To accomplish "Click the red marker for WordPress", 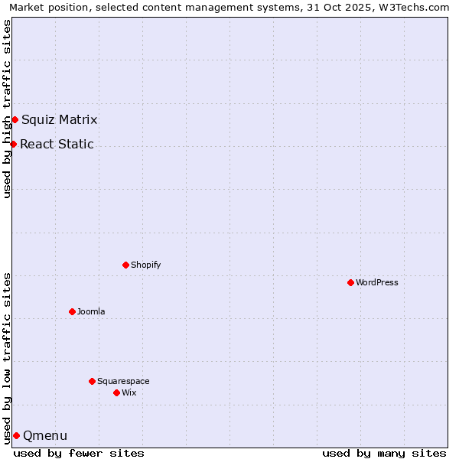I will coord(350,282).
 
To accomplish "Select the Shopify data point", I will coord(125,265).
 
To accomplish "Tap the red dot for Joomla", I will coord(72,311).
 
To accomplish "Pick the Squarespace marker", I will coord(92,381).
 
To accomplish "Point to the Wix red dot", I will coord(116,392).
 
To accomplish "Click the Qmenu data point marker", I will coord(16,435).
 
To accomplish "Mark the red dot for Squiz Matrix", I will coord(15,119).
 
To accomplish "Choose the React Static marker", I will coord(13,144).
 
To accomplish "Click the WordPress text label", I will coord(377,282).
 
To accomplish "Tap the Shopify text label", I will coord(146,265).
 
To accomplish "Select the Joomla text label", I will coord(91,311).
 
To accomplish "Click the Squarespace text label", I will coord(123,381).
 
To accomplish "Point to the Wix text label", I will coord(129,392).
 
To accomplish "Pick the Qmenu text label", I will coord(45,436).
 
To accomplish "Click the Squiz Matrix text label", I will coord(60,119).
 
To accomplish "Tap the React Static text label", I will coord(57,144).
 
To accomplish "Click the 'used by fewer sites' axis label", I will coord(79,453).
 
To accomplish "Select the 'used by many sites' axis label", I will coord(384,453).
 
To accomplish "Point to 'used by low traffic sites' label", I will coord(8,357).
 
